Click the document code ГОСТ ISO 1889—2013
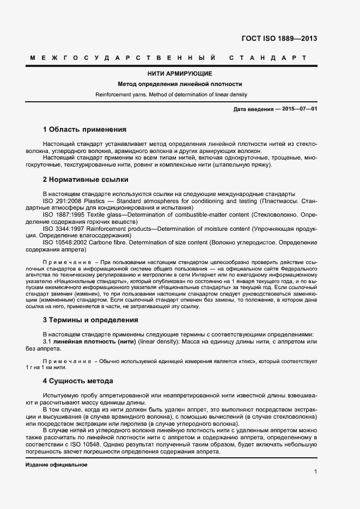(279, 39)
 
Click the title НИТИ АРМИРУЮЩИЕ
(180, 73)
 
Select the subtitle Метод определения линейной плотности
(180, 84)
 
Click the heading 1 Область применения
(84, 130)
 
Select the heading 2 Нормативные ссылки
(86, 179)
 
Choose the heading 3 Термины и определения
(90, 320)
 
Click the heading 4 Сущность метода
(78, 381)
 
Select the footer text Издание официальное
(56, 465)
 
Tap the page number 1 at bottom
(315, 471)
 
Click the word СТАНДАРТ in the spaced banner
(267, 58)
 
